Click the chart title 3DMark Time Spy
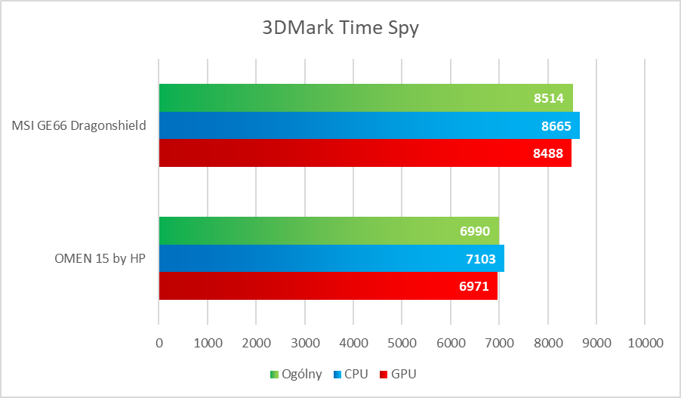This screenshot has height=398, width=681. click(340, 29)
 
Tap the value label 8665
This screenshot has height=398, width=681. click(556, 125)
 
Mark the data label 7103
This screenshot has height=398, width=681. click(481, 259)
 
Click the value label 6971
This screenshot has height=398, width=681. click(474, 286)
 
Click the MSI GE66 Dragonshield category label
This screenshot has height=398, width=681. click(79, 125)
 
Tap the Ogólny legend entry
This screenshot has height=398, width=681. click(296, 374)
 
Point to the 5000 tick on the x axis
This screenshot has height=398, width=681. click(402, 343)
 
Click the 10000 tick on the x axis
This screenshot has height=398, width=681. click(644, 343)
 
